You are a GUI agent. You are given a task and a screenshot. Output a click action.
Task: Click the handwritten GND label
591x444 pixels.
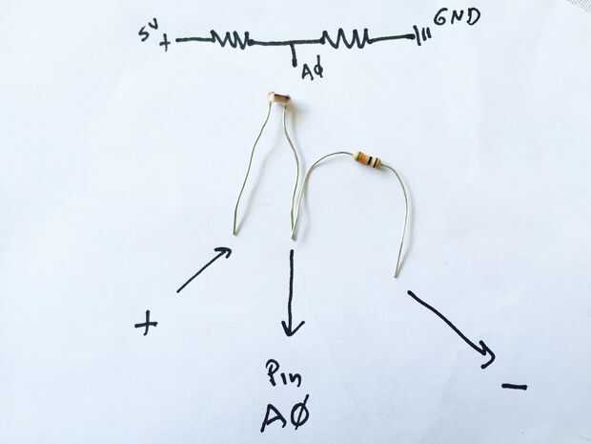457,16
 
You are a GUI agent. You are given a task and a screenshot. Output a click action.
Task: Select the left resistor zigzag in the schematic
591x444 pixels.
230,39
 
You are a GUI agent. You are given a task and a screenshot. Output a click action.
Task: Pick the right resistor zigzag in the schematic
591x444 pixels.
346,39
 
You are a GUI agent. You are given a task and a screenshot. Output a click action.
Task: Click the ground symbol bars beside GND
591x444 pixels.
421,37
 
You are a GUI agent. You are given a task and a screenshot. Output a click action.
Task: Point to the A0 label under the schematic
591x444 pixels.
312,71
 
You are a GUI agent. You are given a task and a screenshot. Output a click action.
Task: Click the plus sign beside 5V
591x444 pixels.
165,43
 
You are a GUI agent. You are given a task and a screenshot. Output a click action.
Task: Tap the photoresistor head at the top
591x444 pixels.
280,97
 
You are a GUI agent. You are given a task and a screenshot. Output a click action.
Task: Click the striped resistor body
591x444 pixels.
368,160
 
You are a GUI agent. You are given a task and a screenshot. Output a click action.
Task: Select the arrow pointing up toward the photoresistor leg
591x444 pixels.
204,269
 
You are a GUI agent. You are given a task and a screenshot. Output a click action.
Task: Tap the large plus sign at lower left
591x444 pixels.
146,325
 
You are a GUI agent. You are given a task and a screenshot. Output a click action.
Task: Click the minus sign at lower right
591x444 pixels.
514,387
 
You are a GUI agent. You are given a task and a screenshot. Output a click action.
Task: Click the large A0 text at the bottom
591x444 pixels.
285,417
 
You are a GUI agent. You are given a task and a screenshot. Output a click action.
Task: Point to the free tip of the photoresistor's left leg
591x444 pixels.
234,231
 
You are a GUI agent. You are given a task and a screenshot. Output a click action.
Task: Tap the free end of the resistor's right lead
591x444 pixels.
397,275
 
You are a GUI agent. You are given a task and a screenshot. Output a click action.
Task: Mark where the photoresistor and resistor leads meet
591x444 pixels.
295,234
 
